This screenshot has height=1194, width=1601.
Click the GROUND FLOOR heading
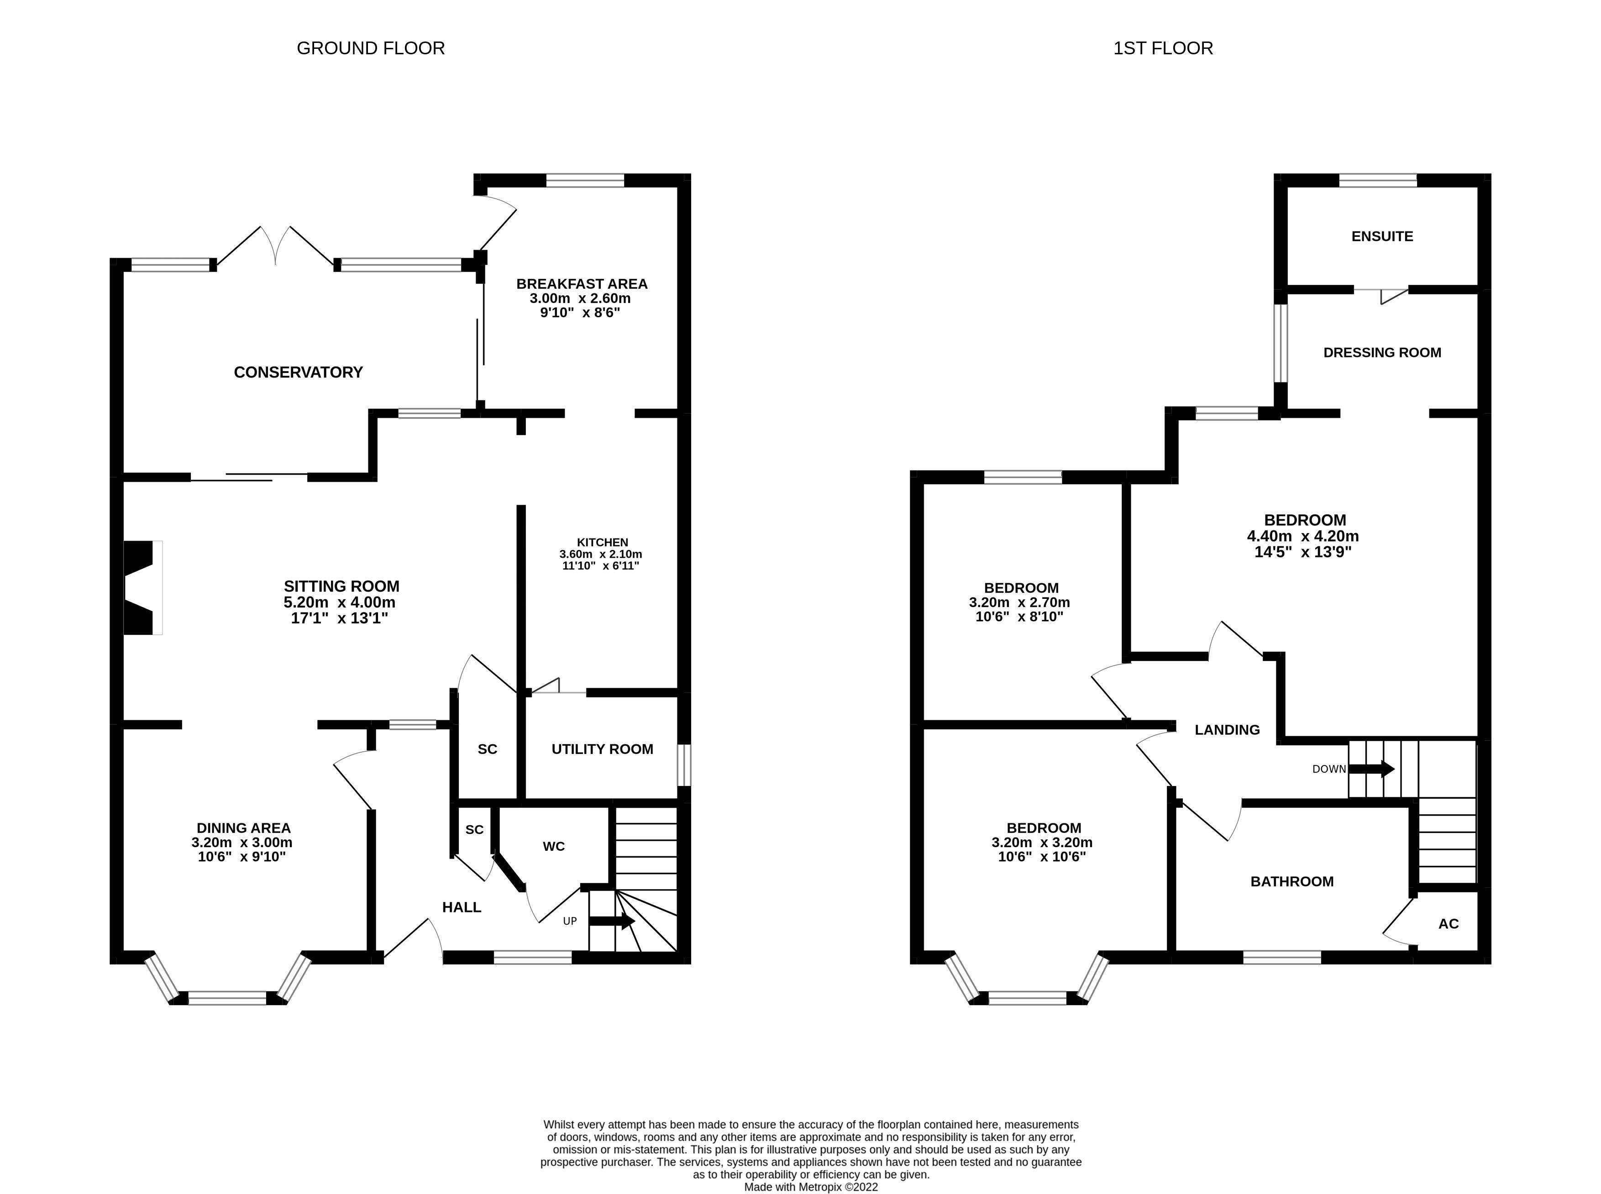point(370,48)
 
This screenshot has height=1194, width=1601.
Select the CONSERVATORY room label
point(298,372)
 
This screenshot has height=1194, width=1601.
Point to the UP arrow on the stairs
point(611,921)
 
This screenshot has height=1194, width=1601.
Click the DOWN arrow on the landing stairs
point(1371,769)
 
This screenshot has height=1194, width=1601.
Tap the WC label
point(554,846)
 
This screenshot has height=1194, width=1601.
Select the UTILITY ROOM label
point(602,749)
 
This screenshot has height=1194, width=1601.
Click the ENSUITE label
point(1382,236)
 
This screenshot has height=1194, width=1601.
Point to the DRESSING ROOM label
point(1382,353)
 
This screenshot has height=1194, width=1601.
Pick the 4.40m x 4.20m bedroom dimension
point(1302,536)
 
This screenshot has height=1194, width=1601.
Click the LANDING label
point(1227,730)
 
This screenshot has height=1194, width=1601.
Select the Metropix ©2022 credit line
point(811,1187)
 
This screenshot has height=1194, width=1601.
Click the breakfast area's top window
point(585,181)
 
